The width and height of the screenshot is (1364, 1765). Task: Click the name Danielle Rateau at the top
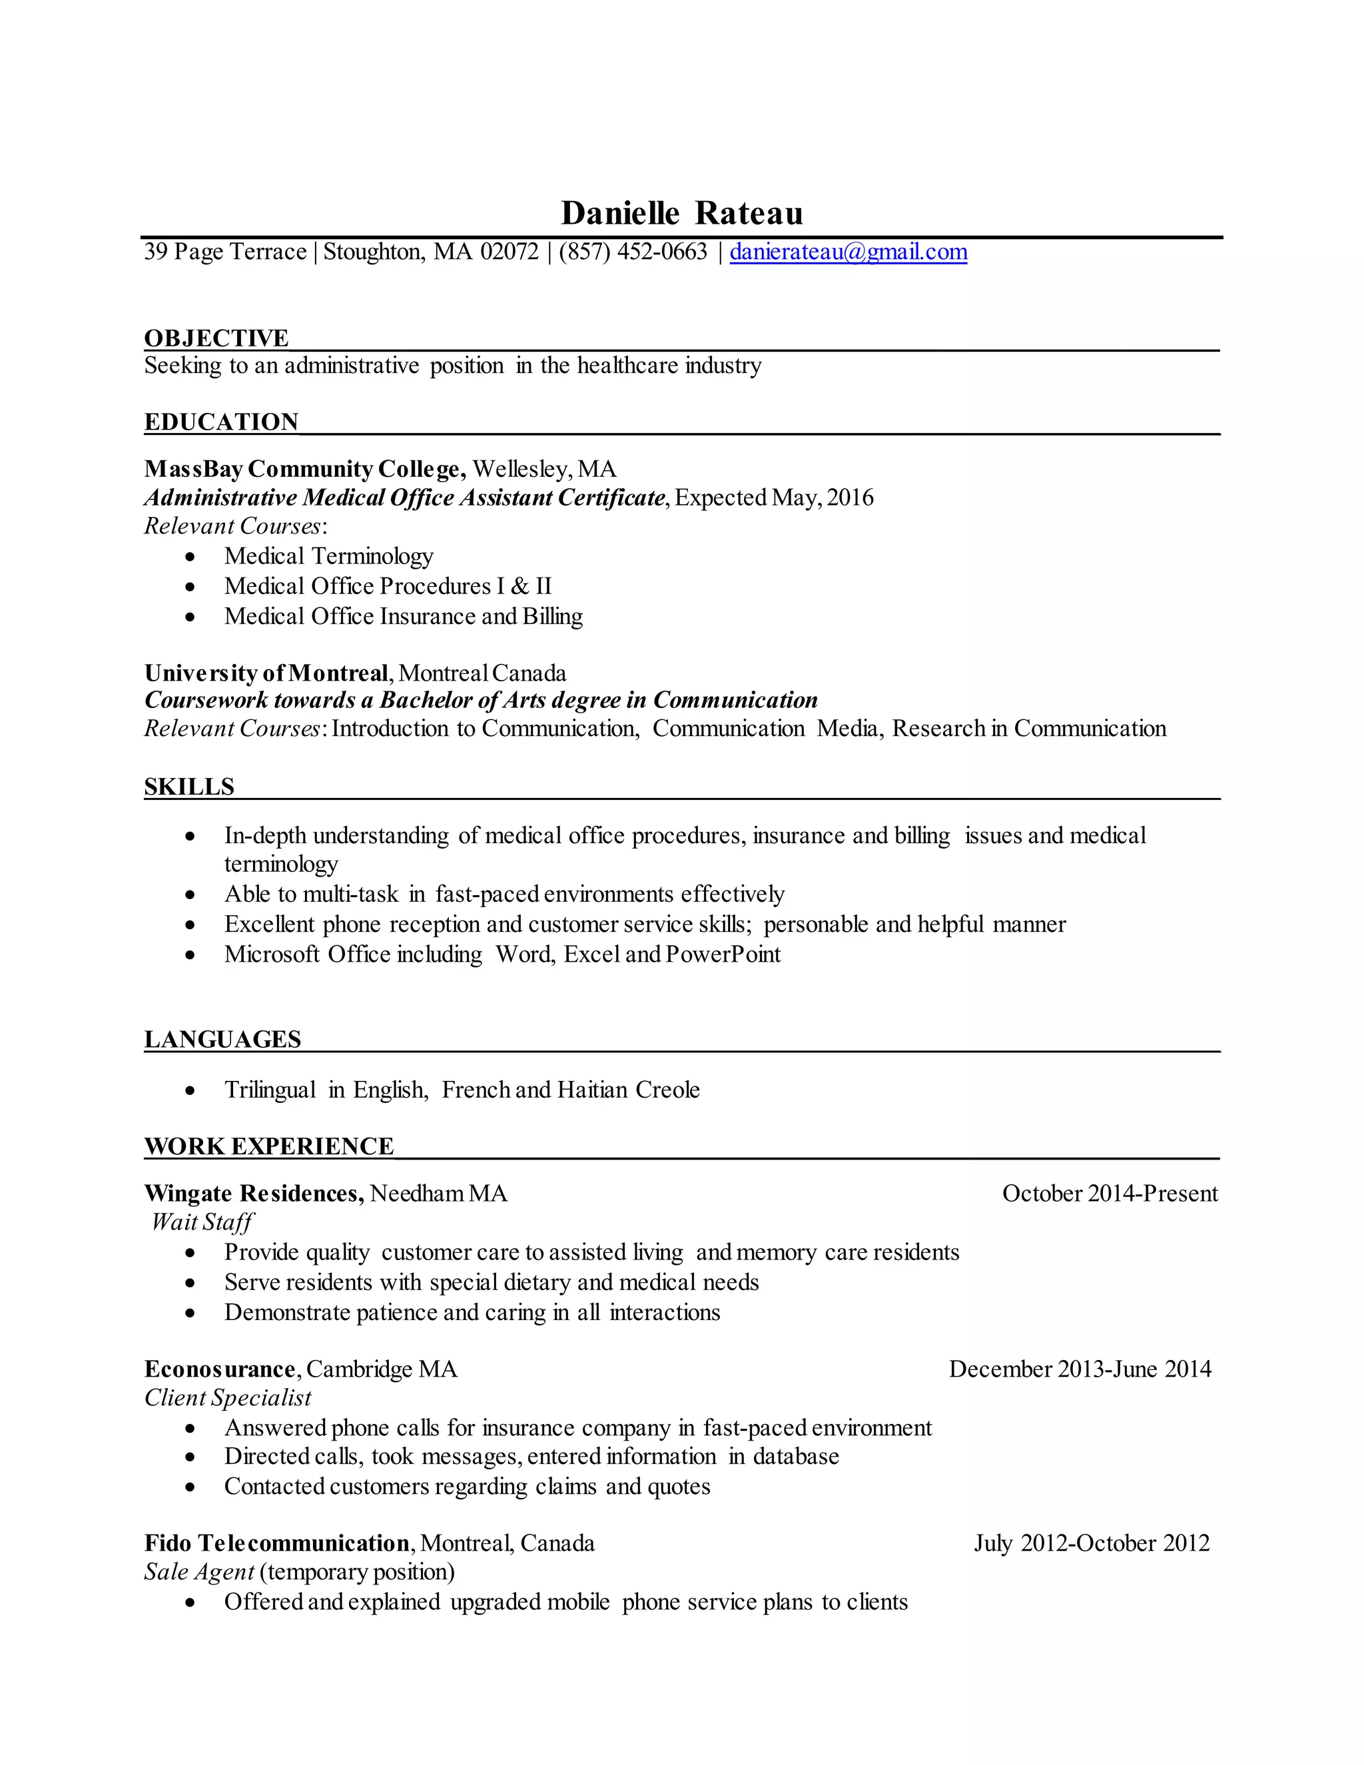pos(682,213)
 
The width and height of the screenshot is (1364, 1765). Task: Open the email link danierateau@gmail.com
pos(849,252)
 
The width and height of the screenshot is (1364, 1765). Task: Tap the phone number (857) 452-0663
pos(633,252)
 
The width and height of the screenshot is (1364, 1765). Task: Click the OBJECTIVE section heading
pos(216,338)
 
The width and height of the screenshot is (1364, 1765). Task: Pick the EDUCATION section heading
pos(221,422)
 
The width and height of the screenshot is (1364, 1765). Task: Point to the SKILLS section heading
pos(189,787)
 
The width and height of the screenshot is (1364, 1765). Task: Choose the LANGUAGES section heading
pos(222,1039)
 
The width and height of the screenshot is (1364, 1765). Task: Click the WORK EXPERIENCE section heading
pos(269,1146)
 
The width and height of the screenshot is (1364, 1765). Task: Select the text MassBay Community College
pos(304,469)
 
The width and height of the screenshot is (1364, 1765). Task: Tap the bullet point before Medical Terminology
pos(190,557)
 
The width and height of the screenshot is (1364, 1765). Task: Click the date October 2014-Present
pos(1110,1194)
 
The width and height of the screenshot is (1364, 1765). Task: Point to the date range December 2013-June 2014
pos(1080,1369)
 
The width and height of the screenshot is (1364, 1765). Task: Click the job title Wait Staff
pos(202,1222)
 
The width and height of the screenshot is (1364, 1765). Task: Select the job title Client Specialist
pos(228,1397)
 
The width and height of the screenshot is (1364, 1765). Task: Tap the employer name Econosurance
pos(220,1369)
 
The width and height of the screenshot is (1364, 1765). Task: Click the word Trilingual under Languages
pos(270,1090)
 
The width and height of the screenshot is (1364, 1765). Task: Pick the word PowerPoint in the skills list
pos(723,954)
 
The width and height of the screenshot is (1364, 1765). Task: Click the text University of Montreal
pos(266,673)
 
